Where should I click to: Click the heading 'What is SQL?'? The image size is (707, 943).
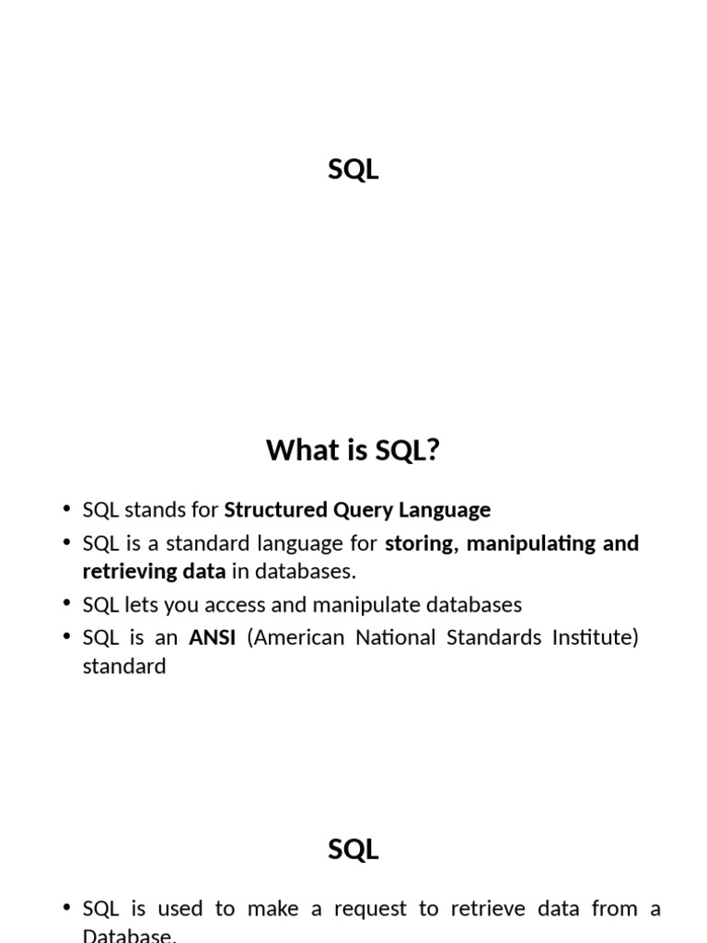tap(353, 449)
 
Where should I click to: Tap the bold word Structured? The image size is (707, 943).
tap(275, 509)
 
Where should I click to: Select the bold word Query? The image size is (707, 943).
tap(363, 510)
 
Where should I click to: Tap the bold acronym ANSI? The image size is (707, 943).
tap(213, 637)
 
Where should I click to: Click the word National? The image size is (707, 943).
tap(396, 637)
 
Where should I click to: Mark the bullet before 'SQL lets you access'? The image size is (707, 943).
tap(66, 602)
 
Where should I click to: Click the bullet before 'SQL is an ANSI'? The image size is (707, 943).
tap(66, 635)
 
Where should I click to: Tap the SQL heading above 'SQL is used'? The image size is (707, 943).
tap(353, 849)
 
